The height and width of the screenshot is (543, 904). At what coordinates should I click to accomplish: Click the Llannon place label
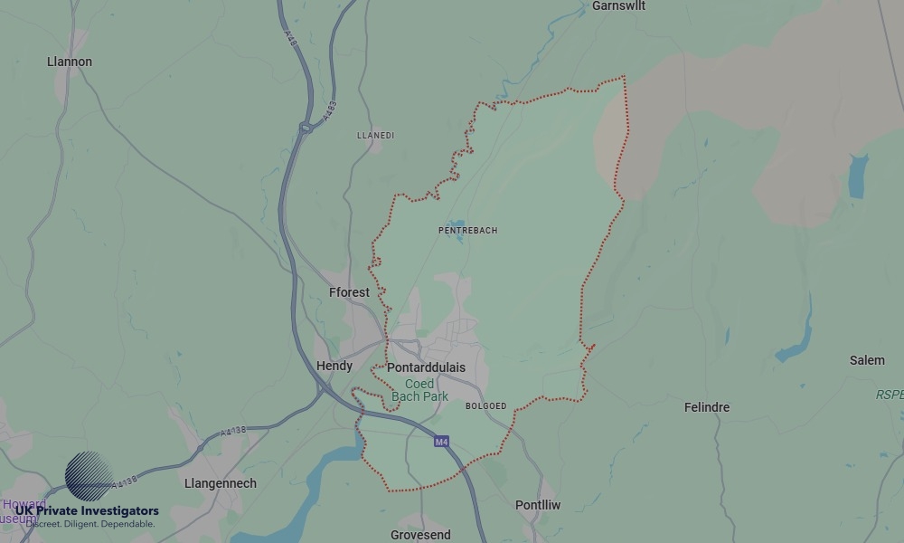pyautogui.click(x=70, y=62)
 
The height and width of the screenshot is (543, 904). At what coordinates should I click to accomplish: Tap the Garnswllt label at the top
pyautogui.click(x=620, y=6)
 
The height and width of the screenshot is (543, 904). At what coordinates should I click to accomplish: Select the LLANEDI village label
pyautogui.click(x=376, y=136)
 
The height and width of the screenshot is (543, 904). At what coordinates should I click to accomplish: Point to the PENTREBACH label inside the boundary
pyautogui.click(x=467, y=231)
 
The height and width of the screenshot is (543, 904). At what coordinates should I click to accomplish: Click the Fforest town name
pyautogui.click(x=349, y=292)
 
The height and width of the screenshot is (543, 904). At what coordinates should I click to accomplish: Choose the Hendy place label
pyautogui.click(x=334, y=366)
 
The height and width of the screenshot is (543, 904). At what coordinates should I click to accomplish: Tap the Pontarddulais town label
pyautogui.click(x=426, y=367)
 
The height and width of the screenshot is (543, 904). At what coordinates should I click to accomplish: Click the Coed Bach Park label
pyautogui.click(x=419, y=390)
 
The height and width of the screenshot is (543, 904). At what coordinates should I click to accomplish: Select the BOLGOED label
pyautogui.click(x=485, y=406)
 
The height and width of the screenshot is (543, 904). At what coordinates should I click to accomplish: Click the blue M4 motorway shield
pyautogui.click(x=441, y=442)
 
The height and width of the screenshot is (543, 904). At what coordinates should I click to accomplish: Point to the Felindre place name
pyautogui.click(x=706, y=407)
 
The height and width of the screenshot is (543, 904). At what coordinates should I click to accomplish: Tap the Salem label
pyautogui.click(x=867, y=360)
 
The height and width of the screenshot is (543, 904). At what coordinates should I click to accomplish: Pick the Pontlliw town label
pyautogui.click(x=538, y=505)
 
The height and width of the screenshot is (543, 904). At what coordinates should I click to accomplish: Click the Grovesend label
pyautogui.click(x=420, y=535)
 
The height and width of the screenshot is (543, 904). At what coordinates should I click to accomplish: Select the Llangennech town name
pyautogui.click(x=220, y=483)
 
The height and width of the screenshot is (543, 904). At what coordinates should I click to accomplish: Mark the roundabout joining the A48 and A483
pyautogui.click(x=306, y=129)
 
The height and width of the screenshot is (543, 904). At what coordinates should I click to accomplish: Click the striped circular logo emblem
pyautogui.click(x=89, y=476)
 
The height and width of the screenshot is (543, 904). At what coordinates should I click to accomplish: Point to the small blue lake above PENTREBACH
pyautogui.click(x=455, y=224)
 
